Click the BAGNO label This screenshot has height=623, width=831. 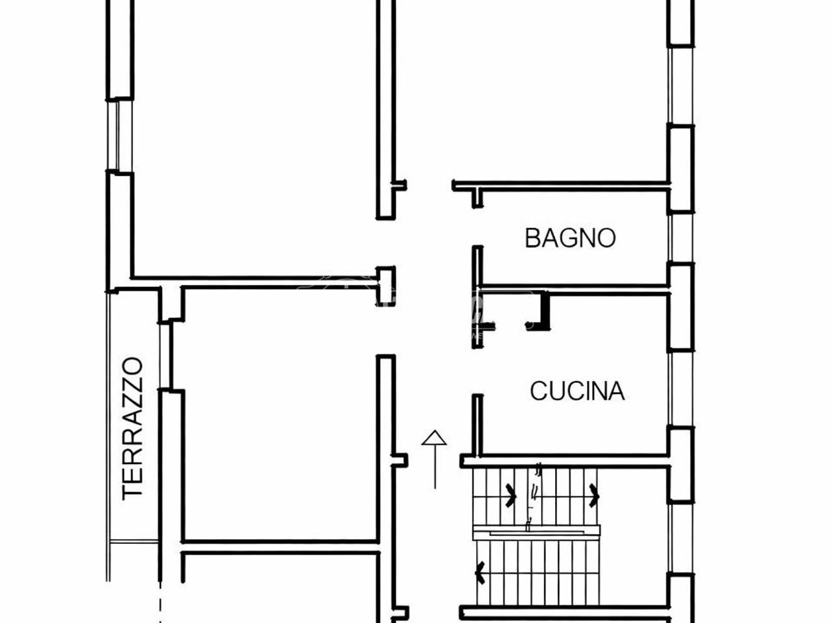coord(570,238)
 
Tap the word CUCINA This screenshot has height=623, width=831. coord(577,391)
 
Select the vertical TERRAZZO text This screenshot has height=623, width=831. coord(132,428)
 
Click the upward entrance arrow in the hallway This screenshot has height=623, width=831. coord(434,459)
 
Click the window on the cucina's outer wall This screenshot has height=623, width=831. coord(680,389)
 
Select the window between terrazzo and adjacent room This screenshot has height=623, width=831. coord(165,356)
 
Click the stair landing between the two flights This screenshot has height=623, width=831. coord(537,532)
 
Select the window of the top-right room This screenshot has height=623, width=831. coord(680,85)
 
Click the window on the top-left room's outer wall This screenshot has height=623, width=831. coord(119,135)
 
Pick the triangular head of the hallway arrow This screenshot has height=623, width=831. coord(434,437)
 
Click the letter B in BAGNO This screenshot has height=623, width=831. coord(532,238)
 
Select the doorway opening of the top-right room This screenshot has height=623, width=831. coord(429,186)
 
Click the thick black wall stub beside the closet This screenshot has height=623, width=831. coord(545,311)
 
